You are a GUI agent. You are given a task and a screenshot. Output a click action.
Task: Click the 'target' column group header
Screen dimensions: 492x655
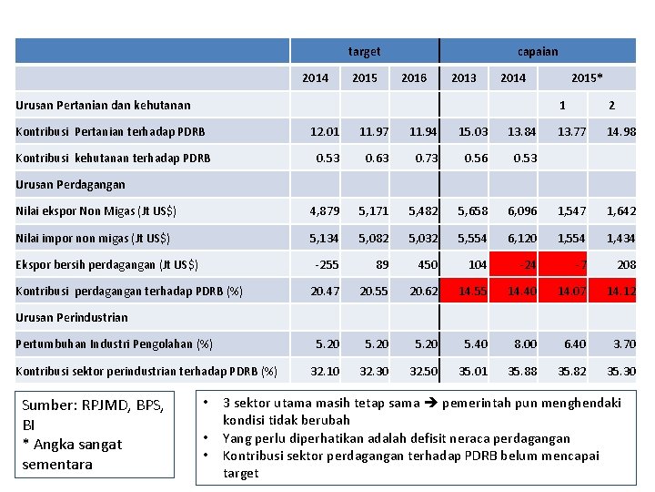(x=364, y=52)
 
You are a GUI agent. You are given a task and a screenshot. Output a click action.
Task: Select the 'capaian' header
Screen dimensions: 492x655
(x=538, y=52)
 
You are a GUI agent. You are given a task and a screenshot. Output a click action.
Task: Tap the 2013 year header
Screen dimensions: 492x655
(x=463, y=78)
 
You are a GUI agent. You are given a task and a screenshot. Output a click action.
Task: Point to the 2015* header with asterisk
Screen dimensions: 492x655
(x=587, y=78)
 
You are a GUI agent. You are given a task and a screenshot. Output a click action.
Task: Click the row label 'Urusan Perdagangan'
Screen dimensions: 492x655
(x=70, y=185)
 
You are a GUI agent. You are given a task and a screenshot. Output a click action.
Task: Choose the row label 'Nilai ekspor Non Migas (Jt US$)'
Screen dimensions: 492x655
(x=96, y=211)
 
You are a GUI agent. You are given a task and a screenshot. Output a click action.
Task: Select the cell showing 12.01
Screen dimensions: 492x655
(x=324, y=132)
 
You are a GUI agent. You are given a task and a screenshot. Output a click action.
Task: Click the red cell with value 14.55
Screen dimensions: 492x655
(x=472, y=292)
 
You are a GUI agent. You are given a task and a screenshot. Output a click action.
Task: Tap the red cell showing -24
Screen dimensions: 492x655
(x=523, y=265)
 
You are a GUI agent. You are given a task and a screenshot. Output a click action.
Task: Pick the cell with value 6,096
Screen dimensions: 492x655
(x=521, y=211)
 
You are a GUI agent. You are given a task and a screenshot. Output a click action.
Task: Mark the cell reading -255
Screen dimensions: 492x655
(x=326, y=265)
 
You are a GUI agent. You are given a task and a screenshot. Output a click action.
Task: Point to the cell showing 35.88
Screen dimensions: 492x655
(x=521, y=371)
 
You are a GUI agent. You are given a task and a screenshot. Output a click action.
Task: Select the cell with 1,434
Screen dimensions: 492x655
(x=620, y=239)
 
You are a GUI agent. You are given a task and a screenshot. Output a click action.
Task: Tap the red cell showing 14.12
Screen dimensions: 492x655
(x=620, y=292)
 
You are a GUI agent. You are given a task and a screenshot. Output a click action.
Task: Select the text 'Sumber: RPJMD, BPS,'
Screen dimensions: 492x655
(x=92, y=405)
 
